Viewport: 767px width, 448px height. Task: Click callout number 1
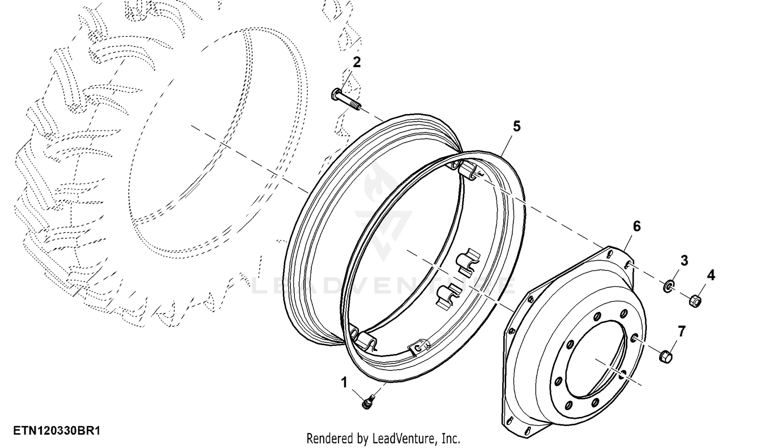tap(344, 383)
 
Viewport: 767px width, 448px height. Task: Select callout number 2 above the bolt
tap(356, 62)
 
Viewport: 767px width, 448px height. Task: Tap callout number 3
tap(684, 261)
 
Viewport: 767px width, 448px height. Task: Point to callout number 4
tap(711, 275)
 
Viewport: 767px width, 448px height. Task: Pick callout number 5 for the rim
tap(516, 126)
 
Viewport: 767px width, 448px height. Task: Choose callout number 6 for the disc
tap(636, 227)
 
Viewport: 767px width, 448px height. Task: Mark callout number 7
tap(682, 331)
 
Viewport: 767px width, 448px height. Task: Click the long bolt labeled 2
tap(346, 99)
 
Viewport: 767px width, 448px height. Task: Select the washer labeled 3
tap(668, 287)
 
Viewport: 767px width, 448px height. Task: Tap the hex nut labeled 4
tap(695, 301)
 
